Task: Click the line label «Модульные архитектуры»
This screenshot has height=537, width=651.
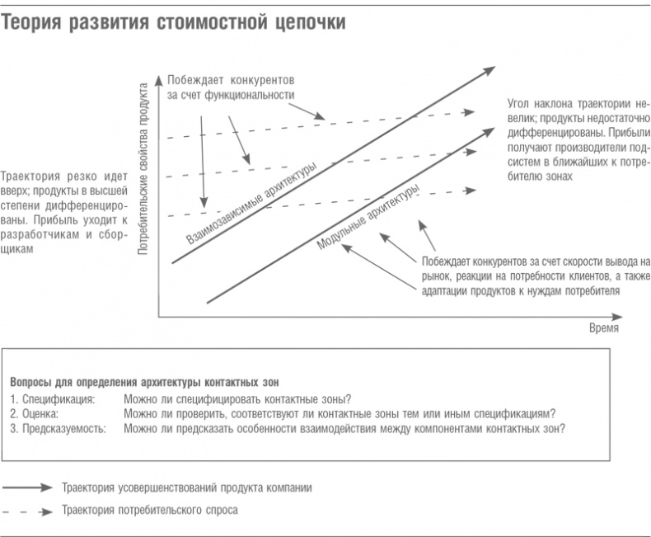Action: (368, 215)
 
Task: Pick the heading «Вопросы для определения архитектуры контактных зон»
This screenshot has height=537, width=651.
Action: (145, 383)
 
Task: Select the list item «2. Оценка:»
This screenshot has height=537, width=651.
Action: (39, 413)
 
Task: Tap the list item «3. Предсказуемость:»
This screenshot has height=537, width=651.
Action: (59, 428)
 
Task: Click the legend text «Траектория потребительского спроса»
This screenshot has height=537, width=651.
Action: (150, 511)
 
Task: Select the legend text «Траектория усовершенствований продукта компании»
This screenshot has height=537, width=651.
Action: (187, 488)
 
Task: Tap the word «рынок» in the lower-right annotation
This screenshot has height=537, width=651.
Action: (438, 277)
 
